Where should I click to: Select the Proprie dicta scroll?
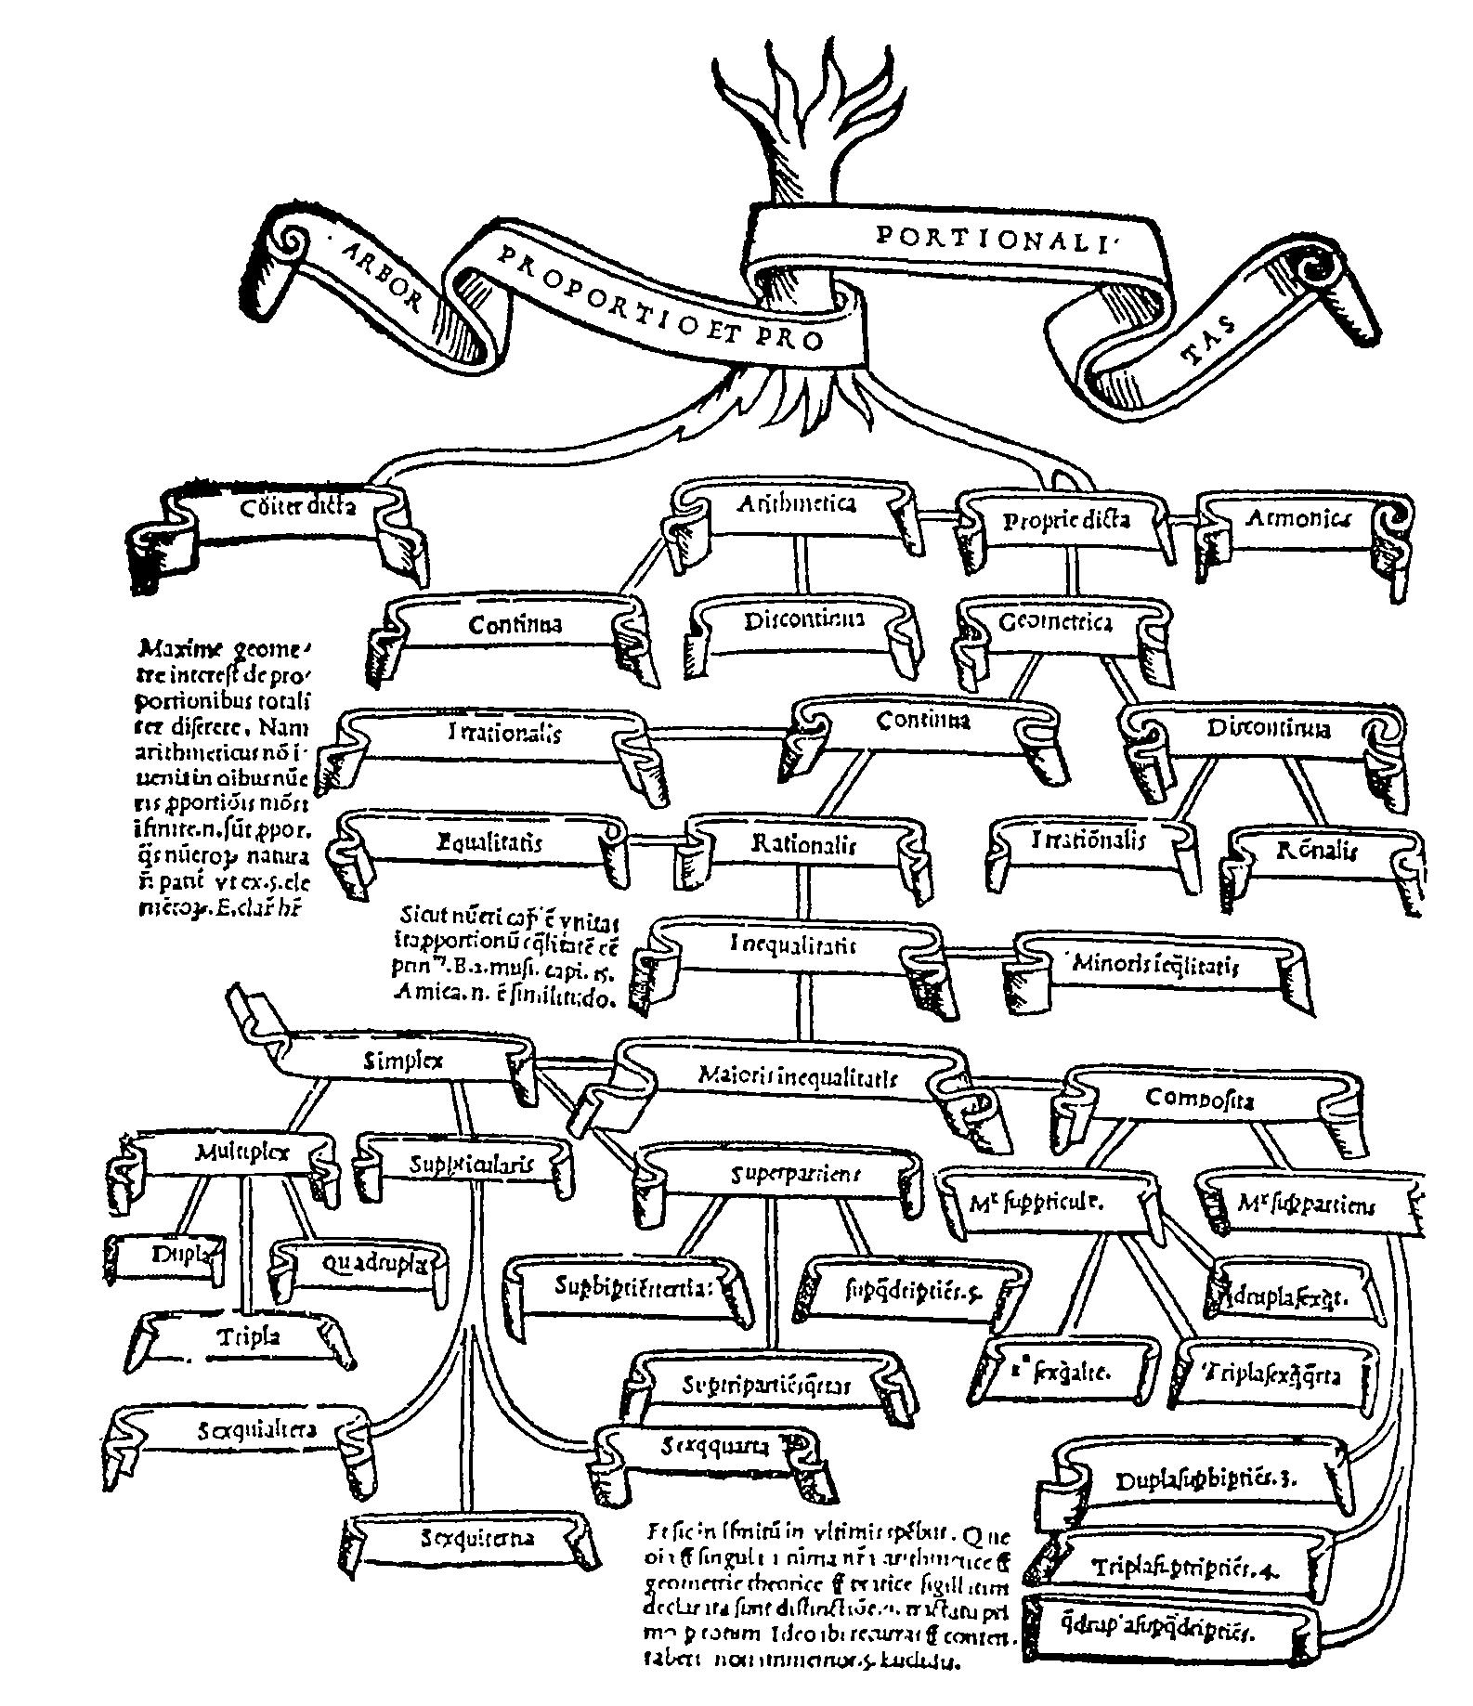coord(1066,521)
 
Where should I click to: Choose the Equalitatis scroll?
coord(489,843)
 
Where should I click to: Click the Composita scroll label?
coord(1213,1099)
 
